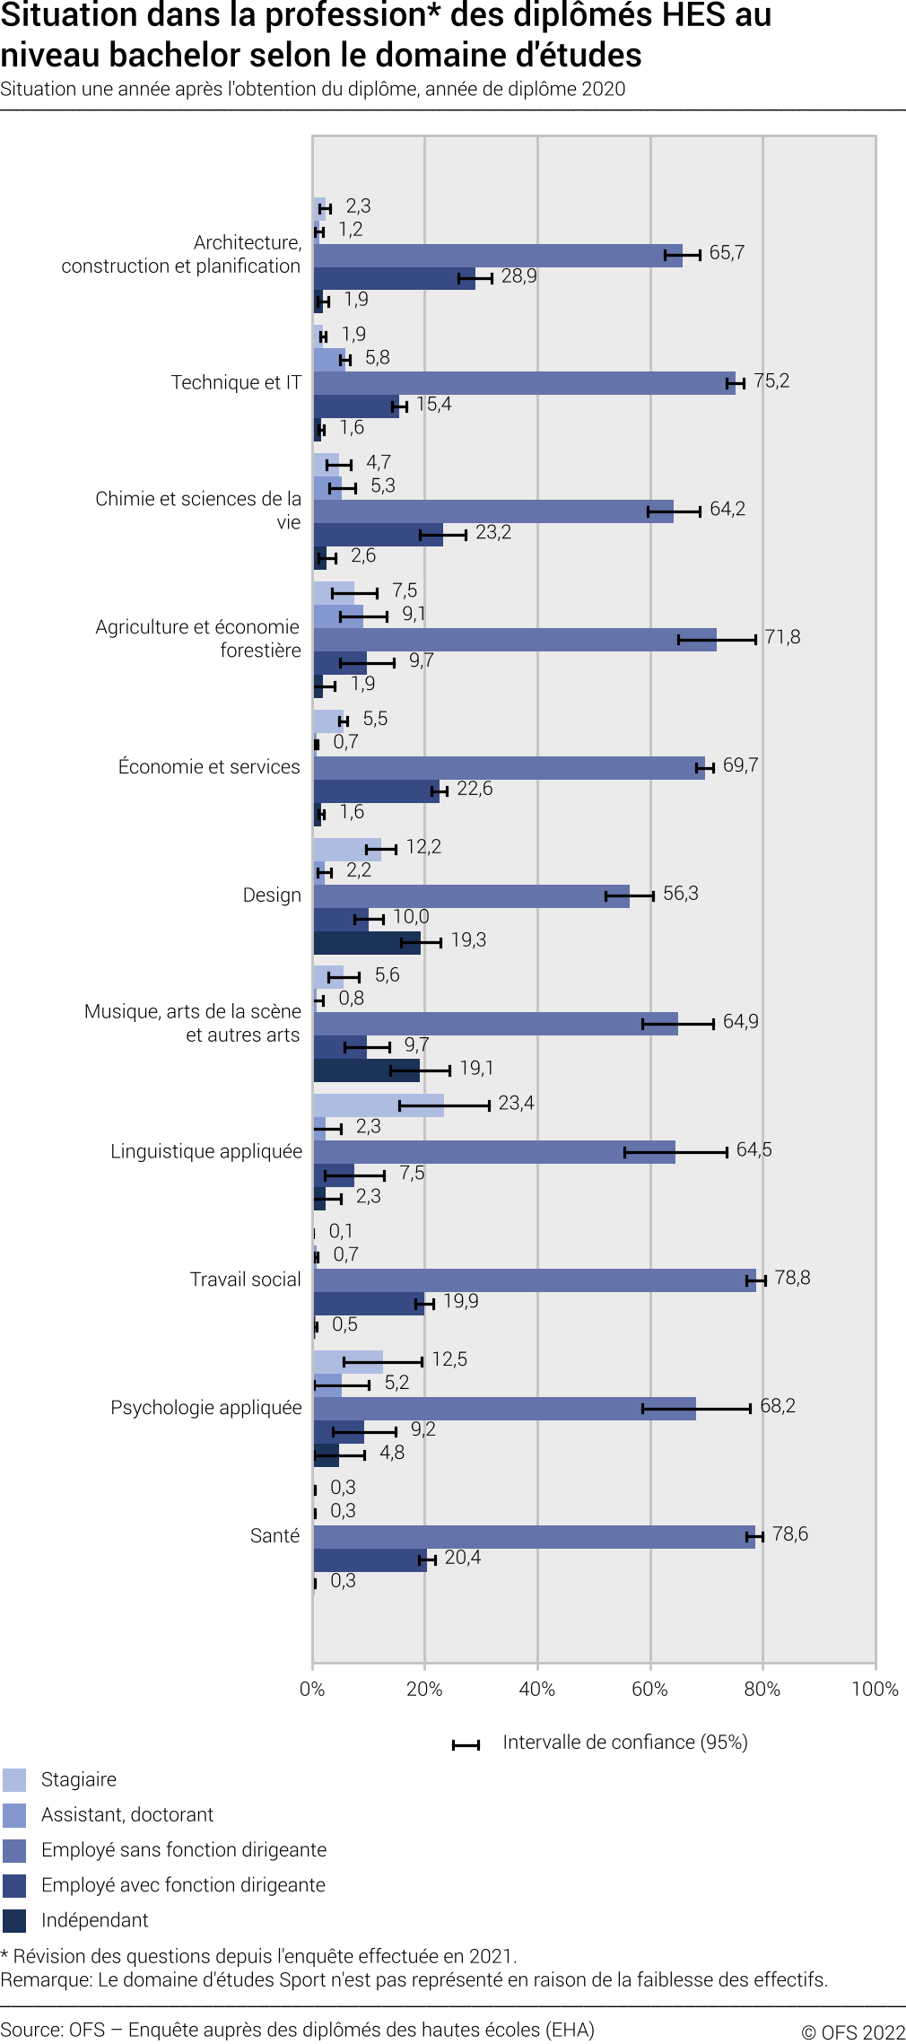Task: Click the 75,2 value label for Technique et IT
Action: point(771,381)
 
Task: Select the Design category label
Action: point(272,895)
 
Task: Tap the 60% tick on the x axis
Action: point(649,1690)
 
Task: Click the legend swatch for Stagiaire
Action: point(14,1780)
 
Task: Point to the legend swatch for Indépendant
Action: point(14,1921)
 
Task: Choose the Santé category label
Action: point(274,1536)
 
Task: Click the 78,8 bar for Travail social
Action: point(535,1280)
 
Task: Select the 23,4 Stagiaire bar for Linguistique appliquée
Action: point(379,1105)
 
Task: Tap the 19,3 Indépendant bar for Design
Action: point(367,943)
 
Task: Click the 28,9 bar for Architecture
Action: point(394,278)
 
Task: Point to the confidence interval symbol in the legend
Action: point(466,1745)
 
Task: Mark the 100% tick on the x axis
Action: point(875,1690)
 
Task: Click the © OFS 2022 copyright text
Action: point(853,2032)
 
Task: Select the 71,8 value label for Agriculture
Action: point(782,638)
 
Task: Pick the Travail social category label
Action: point(245,1280)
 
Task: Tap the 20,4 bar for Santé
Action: point(370,1560)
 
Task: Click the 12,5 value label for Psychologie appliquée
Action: point(449,1360)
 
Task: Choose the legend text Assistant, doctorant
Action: point(127,1815)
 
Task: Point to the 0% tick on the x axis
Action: point(312,1690)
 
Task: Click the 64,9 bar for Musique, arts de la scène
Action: point(495,1024)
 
